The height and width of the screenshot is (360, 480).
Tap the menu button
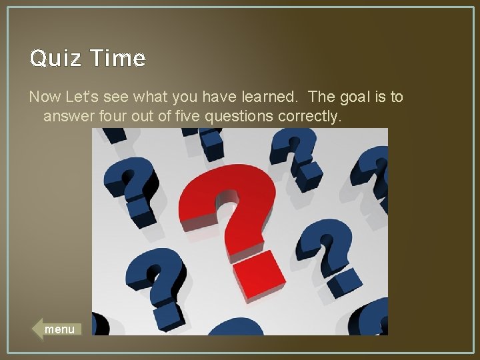click(x=58, y=329)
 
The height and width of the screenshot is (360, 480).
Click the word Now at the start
click(x=43, y=97)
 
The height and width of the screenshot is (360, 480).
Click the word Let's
click(x=80, y=97)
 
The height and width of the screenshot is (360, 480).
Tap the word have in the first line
click(x=213, y=97)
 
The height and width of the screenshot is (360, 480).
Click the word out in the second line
click(x=141, y=117)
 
